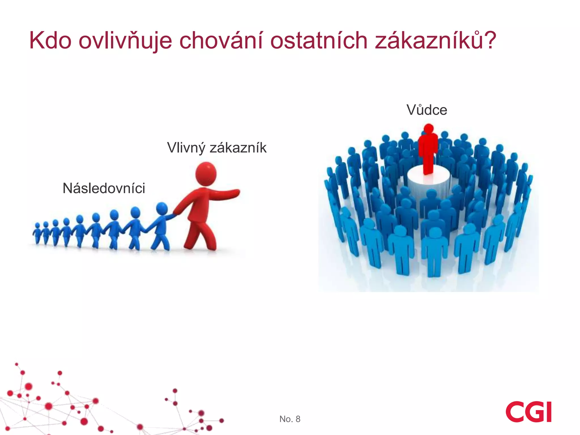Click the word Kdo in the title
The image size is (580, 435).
coord(50,40)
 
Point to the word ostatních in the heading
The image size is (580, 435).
coord(319,40)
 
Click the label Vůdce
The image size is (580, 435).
coord(427,110)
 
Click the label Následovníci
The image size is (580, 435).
coord(104,188)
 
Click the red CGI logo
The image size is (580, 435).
coord(528,412)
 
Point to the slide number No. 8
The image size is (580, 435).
coord(290,419)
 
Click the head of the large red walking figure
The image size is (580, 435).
coord(206,173)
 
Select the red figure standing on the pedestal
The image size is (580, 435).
coord(428,150)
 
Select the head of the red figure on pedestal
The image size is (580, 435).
coord(428,128)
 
